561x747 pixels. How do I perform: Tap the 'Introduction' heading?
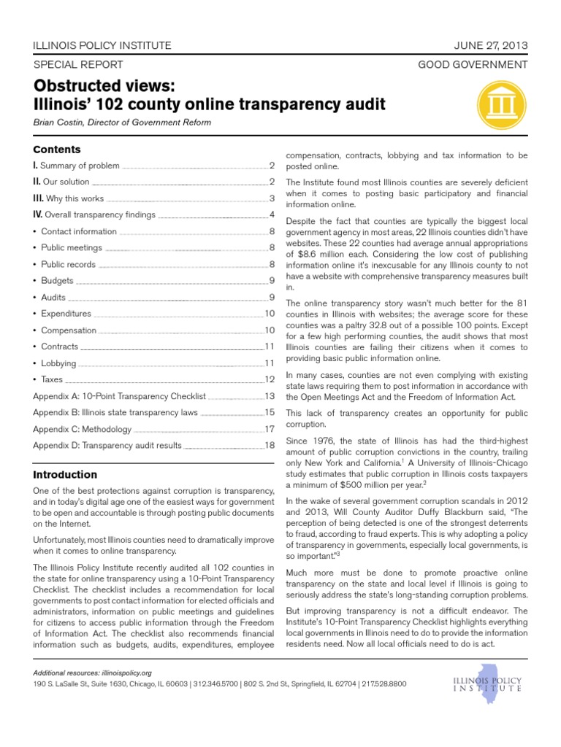[x=65, y=474]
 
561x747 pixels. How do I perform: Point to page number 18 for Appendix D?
[x=269, y=445]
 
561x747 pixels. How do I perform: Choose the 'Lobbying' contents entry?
[x=58, y=363]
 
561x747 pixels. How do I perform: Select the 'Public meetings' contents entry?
[x=71, y=248]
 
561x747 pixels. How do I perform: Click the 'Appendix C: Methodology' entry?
[x=82, y=429]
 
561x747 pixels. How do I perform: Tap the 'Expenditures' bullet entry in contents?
[x=66, y=314]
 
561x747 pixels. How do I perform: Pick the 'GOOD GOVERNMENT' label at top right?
[x=473, y=64]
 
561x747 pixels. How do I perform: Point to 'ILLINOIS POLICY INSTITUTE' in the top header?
[x=102, y=45]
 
